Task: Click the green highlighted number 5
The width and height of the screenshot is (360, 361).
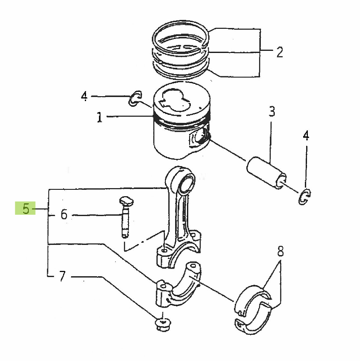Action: point(26,208)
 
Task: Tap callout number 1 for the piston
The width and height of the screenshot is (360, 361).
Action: point(99,117)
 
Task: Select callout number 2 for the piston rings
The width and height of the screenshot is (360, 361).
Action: point(279,52)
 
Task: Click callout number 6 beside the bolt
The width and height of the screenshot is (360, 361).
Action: point(64,215)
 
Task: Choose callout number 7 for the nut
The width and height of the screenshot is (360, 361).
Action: point(62,277)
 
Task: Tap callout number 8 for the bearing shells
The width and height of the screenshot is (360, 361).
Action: point(280,253)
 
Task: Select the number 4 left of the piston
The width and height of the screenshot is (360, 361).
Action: point(84,97)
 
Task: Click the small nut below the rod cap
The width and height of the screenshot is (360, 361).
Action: point(161,325)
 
